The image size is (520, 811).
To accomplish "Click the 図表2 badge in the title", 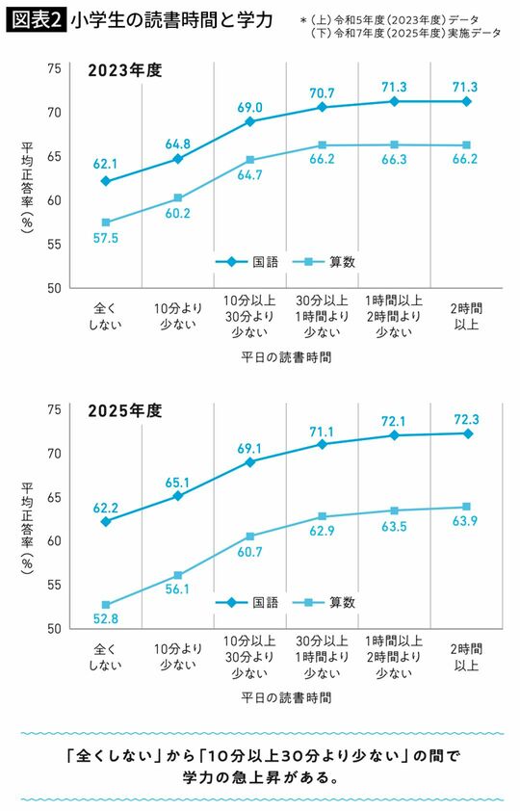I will (x=36, y=19).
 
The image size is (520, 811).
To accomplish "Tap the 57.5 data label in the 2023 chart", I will (x=105, y=238).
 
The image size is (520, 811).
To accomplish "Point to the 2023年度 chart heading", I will (x=124, y=70).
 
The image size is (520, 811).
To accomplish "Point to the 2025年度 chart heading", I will (x=124, y=411).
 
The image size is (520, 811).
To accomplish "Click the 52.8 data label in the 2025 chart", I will (x=105, y=620).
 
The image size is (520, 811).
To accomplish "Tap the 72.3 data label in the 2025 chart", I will (x=468, y=419).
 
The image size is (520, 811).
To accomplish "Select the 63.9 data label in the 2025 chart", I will (x=468, y=522).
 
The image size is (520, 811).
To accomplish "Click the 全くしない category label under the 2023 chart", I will (x=105, y=318).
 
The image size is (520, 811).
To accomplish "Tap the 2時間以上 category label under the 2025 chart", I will (x=468, y=659).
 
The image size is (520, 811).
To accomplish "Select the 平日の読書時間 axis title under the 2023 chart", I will (x=286, y=357).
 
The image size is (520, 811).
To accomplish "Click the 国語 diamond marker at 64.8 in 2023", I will (x=177, y=158).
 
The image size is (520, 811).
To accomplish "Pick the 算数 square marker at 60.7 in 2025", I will (x=250, y=536).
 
